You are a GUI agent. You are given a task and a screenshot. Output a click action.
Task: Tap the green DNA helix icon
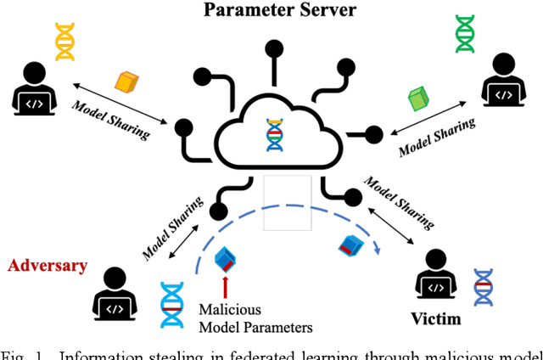(x=465, y=34)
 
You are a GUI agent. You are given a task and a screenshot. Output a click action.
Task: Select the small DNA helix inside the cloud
(x=273, y=135)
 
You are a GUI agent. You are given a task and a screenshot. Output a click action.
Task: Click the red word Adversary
(x=48, y=266)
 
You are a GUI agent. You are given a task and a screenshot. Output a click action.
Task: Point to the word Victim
(x=435, y=319)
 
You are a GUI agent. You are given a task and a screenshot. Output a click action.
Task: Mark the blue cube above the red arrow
(x=226, y=256)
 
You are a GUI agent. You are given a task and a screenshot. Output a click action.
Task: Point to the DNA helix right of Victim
(x=483, y=288)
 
